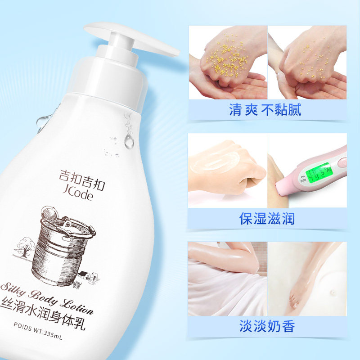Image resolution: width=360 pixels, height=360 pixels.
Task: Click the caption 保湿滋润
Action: (267, 219)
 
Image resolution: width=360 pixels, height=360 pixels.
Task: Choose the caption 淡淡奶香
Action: (267, 326)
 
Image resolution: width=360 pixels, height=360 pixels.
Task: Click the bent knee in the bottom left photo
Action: (250, 256)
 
